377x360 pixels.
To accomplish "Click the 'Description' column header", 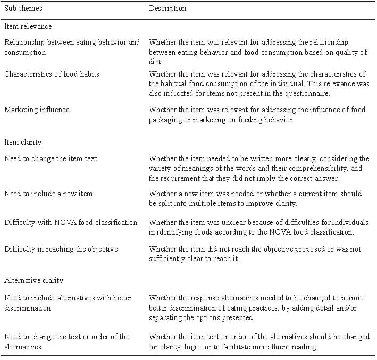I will (167, 9).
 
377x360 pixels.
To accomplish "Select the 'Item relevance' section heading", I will (28, 26).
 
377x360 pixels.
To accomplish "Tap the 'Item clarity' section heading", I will (23, 143).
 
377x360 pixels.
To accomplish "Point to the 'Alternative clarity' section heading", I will (34, 280).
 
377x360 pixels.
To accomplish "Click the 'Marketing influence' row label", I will (37, 110).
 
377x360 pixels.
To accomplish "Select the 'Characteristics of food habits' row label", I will (52, 74).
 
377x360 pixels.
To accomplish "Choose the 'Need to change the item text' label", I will (51, 158).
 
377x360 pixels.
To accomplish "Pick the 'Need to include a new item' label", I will (48, 194).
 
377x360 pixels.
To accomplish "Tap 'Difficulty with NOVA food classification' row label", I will (71, 222).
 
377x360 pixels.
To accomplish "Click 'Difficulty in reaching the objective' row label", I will (61, 249).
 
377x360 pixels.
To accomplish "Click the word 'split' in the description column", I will (164, 203).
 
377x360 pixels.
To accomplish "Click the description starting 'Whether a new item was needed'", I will (255, 198).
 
